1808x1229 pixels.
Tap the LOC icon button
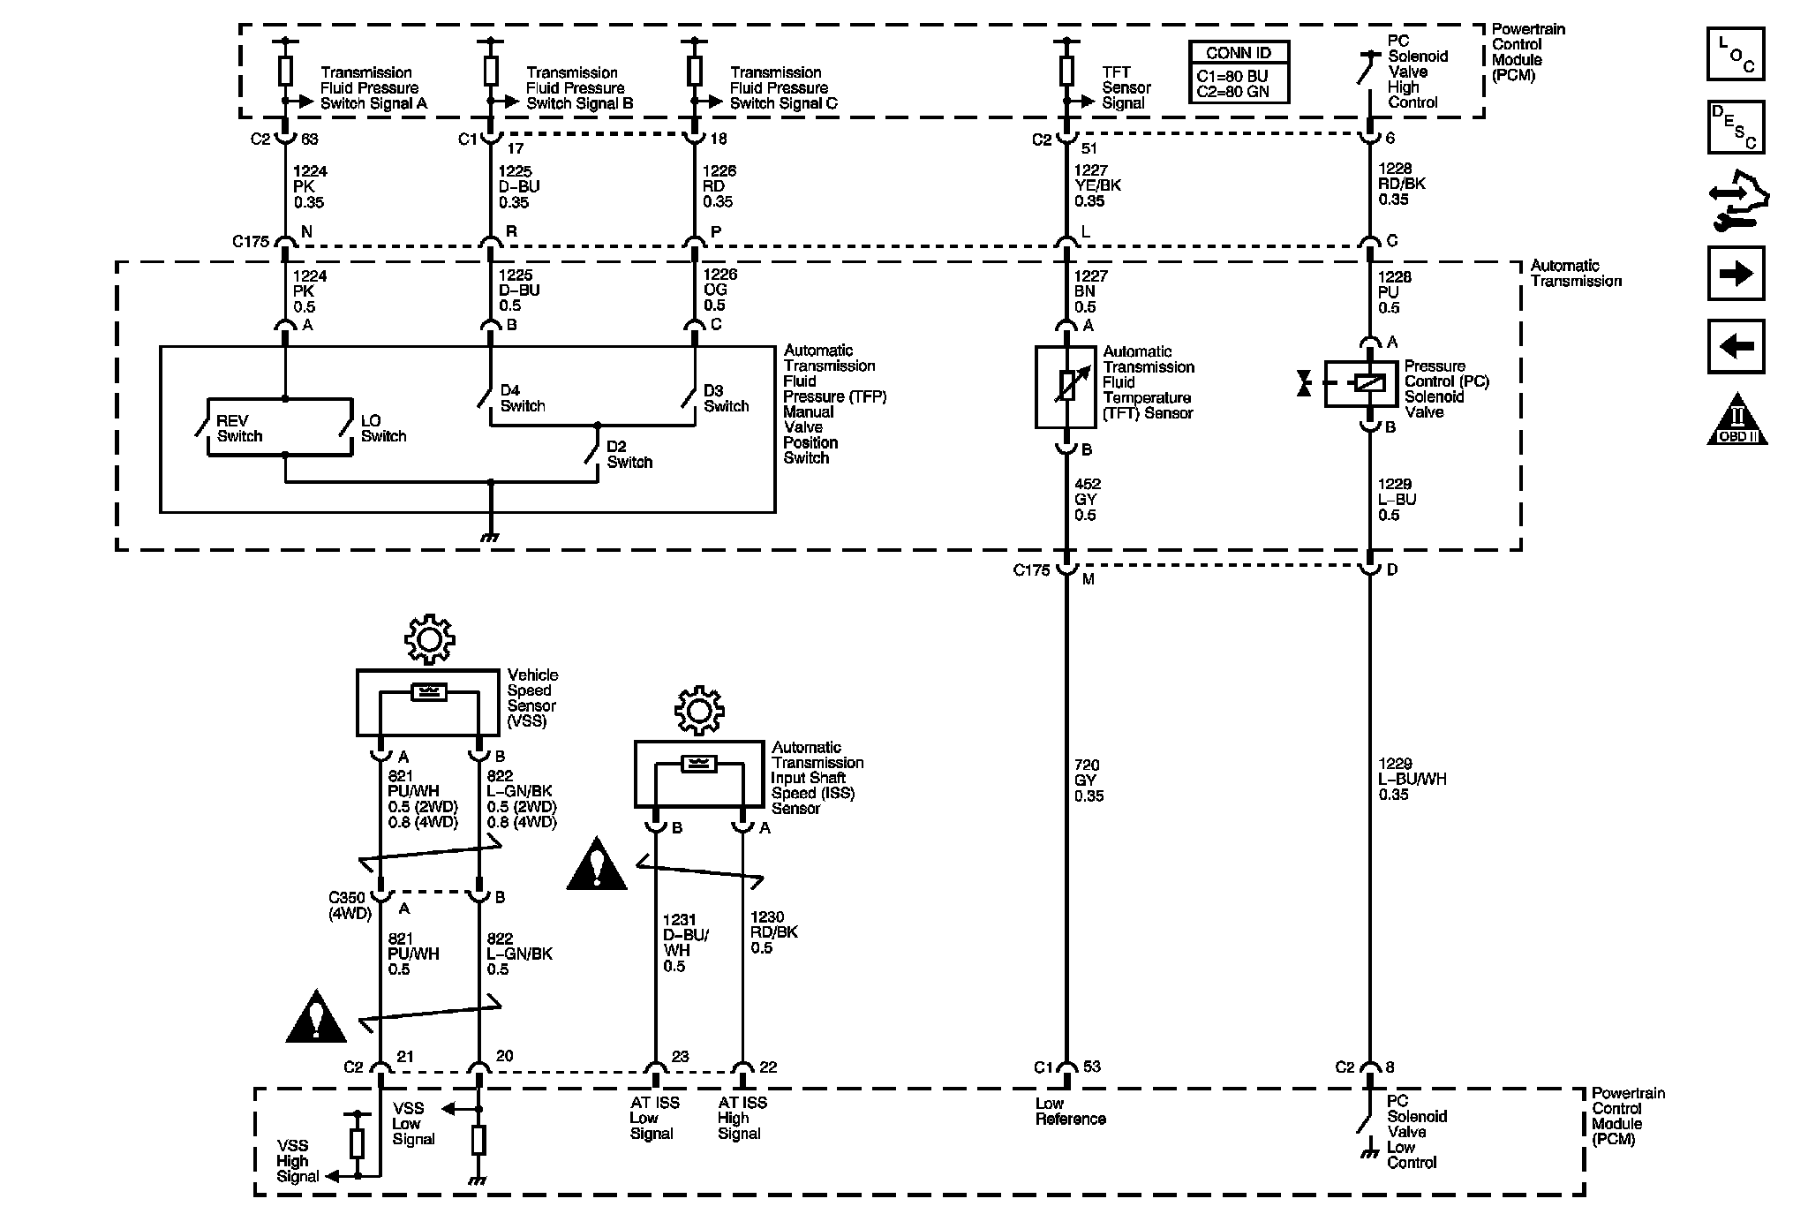(x=1736, y=55)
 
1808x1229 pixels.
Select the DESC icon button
(x=1736, y=127)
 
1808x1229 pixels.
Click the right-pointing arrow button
(x=1736, y=274)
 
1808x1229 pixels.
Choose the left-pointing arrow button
(x=1736, y=346)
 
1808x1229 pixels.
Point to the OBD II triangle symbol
(x=1736, y=419)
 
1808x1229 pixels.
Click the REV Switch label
(x=239, y=428)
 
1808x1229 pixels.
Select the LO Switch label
(x=383, y=428)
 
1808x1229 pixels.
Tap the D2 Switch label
(x=629, y=454)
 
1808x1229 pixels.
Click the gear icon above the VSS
(x=429, y=639)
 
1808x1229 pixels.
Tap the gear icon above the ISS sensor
(x=699, y=711)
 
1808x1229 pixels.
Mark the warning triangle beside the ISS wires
(x=597, y=865)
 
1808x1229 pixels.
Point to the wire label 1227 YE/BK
(x=1097, y=185)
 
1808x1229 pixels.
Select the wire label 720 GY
(x=1089, y=780)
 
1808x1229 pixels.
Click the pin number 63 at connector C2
(x=310, y=139)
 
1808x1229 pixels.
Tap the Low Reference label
(x=1070, y=1111)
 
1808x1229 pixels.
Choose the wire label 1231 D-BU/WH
(x=683, y=942)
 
